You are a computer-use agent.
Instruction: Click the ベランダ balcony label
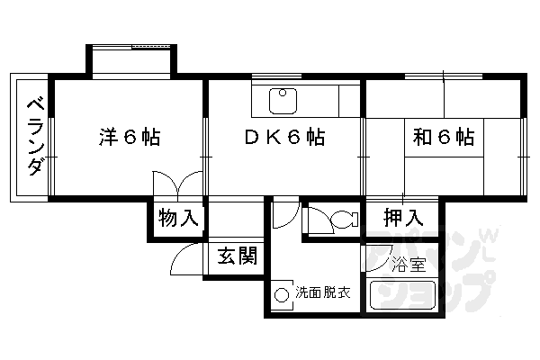pyautogui.click(x=32, y=139)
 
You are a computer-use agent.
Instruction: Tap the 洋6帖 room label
pyautogui.click(x=130, y=139)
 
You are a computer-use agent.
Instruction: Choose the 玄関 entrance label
pyautogui.click(x=237, y=256)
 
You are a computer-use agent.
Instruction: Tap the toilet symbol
pyautogui.click(x=334, y=220)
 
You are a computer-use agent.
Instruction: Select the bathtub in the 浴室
pyautogui.click(x=400, y=297)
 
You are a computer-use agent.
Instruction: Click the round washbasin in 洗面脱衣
pyautogui.click(x=282, y=294)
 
